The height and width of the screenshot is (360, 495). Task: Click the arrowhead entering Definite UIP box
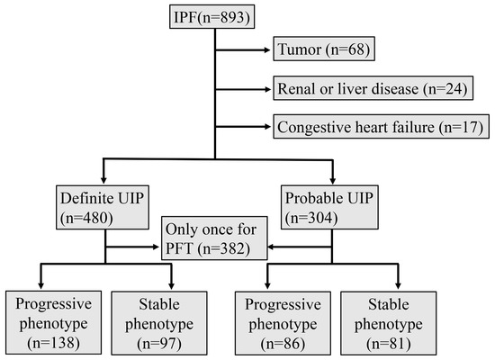point(105,177)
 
